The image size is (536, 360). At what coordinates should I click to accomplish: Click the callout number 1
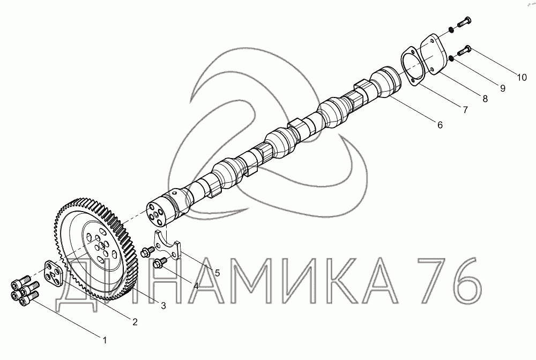(x=105, y=340)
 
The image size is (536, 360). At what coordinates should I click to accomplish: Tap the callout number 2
(x=135, y=322)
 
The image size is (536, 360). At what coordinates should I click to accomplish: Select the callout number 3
(x=163, y=306)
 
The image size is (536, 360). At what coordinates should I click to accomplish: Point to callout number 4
(x=196, y=286)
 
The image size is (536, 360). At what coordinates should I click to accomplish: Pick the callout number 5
(x=218, y=273)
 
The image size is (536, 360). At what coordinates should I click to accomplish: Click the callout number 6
(x=440, y=125)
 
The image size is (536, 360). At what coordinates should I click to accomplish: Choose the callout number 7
(x=465, y=110)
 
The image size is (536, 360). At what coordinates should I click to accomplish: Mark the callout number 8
(x=485, y=99)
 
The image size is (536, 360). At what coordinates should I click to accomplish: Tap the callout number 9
(x=503, y=88)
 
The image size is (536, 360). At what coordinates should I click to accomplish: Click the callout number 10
(x=522, y=78)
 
